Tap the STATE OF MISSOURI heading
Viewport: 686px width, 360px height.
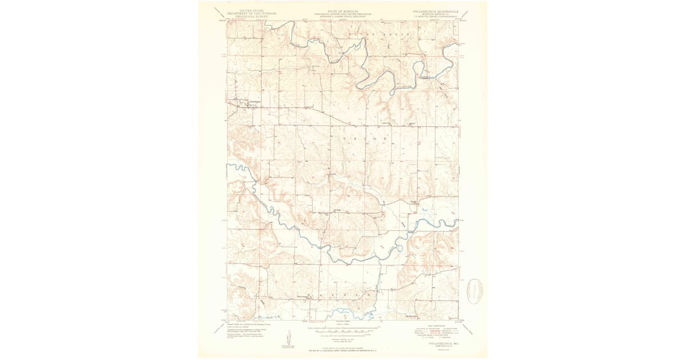click(342, 11)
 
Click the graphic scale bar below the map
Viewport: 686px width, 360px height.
click(342, 331)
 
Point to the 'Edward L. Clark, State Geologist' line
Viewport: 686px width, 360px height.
click(342, 17)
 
